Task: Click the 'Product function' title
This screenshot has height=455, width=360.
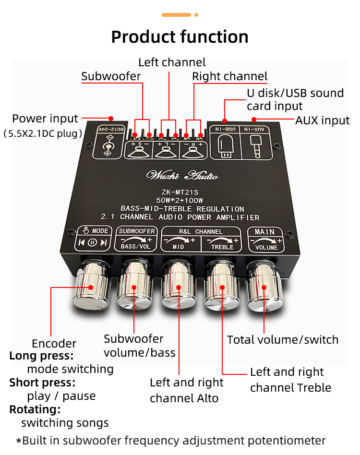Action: tap(180, 37)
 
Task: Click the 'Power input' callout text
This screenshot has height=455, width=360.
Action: tap(45, 119)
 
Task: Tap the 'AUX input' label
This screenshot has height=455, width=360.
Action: tap(322, 120)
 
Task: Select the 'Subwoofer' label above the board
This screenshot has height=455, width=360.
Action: tap(111, 76)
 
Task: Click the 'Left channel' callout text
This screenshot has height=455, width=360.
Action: tap(172, 62)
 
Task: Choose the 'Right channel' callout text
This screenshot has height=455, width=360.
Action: tap(230, 76)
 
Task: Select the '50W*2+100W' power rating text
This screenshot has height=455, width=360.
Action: tap(181, 200)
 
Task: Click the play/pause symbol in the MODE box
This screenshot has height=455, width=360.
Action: tap(92, 242)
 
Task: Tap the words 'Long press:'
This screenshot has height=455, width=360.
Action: tap(41, 356)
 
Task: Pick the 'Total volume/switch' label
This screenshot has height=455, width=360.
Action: tap(282, 340)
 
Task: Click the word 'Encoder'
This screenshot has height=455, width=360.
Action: tap(54, 344)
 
